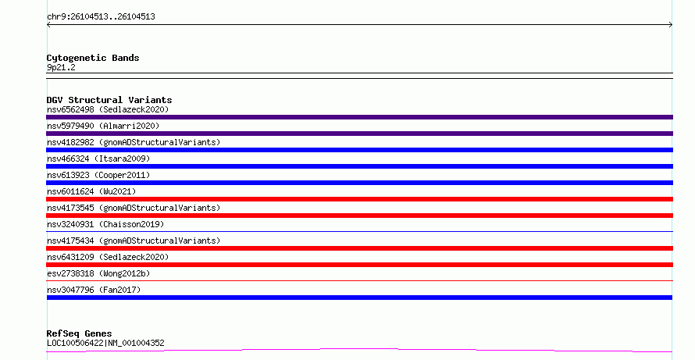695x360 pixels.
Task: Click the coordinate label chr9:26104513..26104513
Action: pos(101,17)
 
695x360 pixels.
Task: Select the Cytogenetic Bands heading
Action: pos(93,58)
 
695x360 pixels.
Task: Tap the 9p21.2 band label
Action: pos(61,67)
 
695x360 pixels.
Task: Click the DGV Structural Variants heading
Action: pos(109,100)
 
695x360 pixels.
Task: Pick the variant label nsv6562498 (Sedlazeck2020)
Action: pos(108,109)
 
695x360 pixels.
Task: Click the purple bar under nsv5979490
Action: pos(359,134)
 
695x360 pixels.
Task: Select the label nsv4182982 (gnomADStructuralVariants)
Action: pos(134,142)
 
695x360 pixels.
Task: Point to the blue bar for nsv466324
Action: pos(359,166)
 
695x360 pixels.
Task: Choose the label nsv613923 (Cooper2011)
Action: pos(98,175)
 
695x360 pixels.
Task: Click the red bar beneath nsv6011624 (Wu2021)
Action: pos(359,199)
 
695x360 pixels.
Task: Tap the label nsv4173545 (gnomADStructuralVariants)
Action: pos(134,208)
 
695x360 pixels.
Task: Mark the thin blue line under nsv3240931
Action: pos(359,231)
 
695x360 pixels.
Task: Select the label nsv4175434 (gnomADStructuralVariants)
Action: pos(134,241)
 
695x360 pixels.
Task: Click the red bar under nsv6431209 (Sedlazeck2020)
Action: pos(359,265)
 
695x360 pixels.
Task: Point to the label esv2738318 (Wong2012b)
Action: pos(98,273)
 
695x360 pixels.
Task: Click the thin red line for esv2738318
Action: pos(359,280)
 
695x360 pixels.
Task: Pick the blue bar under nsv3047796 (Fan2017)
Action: pos(359,298)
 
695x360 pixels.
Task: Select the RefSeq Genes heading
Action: pos(80,333)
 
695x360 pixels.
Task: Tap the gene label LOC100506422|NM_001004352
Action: pos(105,343)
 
